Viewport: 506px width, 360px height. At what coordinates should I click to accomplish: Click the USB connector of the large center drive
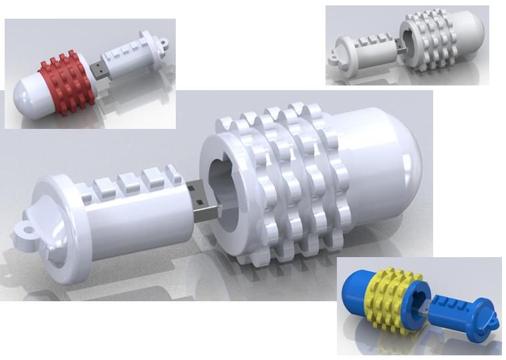tap(206, 209)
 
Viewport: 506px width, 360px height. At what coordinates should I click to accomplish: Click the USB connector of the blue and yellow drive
tap(425, 309)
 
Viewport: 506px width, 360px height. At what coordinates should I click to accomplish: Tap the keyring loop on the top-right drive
tap(332, 59)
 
